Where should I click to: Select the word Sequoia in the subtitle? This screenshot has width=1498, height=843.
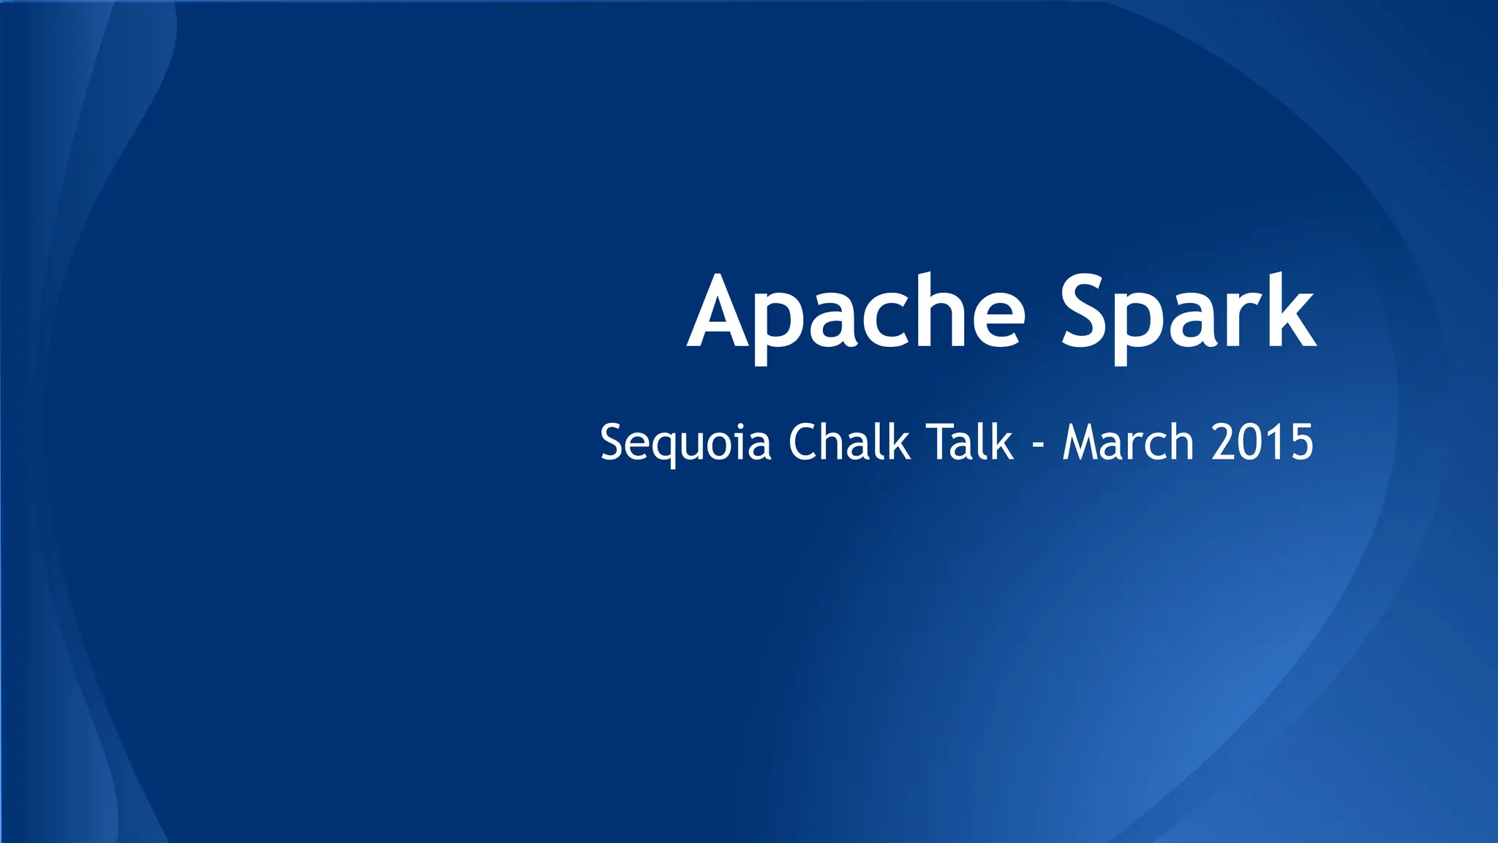point(685,443)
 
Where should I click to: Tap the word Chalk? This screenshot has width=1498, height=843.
point(849,443)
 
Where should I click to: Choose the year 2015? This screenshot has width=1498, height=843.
point(1262,443)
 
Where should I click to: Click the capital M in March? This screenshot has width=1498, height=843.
point(1081,443)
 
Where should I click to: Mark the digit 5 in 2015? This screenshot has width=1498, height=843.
point(1300,443)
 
